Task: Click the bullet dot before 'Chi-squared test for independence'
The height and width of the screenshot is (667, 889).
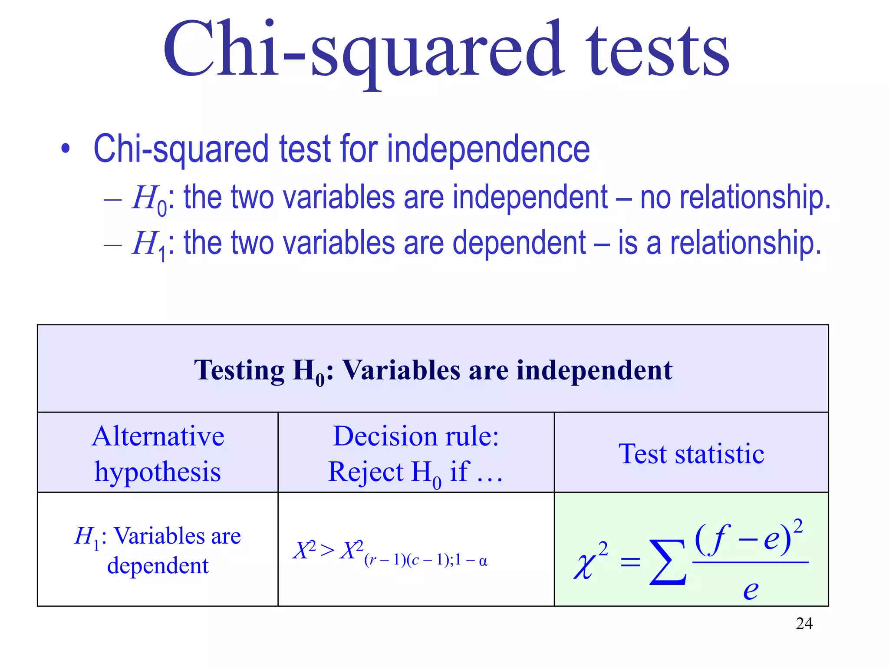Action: [x=66, y=149]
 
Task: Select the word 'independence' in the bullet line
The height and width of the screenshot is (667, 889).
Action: [x=488, y=149]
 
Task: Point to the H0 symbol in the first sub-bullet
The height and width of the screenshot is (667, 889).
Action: [x=149, y=199]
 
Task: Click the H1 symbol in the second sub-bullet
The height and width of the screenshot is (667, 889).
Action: [x=149, y=244]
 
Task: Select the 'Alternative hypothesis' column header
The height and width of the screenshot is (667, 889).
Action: [x=158, y=453]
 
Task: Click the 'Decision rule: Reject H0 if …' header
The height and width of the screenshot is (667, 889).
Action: [x=415, y=453]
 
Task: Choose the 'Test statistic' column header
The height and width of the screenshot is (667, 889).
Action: [x=691, y=454]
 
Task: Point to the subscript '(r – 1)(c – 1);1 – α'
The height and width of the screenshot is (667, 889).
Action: [x=426, y=561]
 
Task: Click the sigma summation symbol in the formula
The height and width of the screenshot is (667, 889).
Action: [x=668, y=562]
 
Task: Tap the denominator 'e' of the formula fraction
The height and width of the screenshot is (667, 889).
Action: [x=751, y=589]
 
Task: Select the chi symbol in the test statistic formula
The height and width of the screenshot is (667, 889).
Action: [x=584, y=565]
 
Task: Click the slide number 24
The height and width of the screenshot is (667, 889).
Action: [x=804, y=624]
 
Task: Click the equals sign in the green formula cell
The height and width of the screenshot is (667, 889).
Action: [x=630, y=563]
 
